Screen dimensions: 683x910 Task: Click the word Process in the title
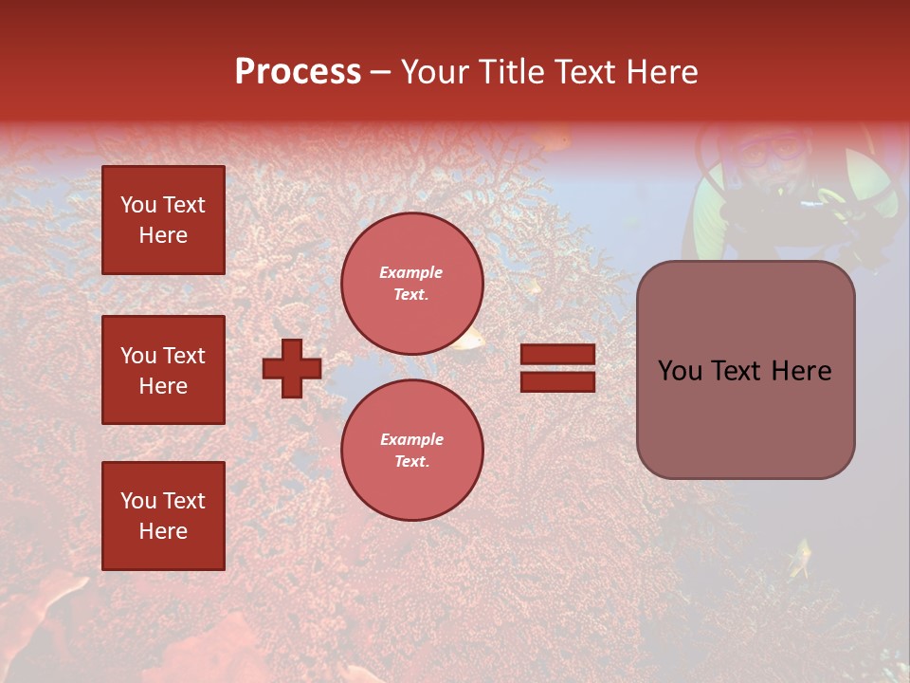pyautogui.click(x=298, y=72)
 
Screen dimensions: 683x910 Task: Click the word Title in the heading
pyautogui.click(x=509, y=72)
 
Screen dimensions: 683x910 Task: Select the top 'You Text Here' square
pyautogui.click(x=163, y=220)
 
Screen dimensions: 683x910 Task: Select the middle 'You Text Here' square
pyautogui.click(x=163, y=370)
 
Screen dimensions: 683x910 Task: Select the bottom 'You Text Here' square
pyautogui.click(x=163, y=516)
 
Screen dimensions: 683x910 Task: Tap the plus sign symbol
pyautogui.click(x=292, y=369)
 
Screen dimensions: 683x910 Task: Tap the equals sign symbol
pyautogui.click(x=557, y=368)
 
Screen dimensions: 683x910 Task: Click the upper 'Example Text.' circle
pyautogui.click(x=412, y=284)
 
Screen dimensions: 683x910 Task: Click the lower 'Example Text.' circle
pyautogui.click(x=412, y=451)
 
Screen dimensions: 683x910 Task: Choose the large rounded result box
pyautogui.click(x=745, y=370)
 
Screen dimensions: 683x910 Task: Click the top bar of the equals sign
pyautogui.click(x=557, y=355)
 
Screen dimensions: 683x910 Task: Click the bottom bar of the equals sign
pyautogui.click(x=557, y=381)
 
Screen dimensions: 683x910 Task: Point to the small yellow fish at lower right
pyautogui.click(x=802, y=557)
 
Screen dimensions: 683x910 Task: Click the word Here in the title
pyautogui.click(x=664, y=72)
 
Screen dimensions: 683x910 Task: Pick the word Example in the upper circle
pyautogui.click(x=411, y=273)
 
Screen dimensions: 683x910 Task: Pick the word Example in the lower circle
pyautogui.click(x=411, y=440)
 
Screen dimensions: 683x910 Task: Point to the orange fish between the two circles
pyautogui.click(x=466, y=339)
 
